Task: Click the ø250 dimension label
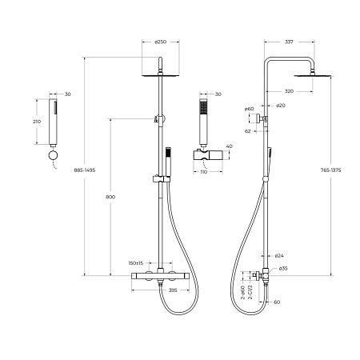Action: [161, 42]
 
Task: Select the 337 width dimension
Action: [289, 42]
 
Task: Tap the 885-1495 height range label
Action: [85, 170]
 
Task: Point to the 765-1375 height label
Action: [330, 170]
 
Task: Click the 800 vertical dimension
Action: [110, 197]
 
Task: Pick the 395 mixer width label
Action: [173, 290]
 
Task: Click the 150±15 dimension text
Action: [136, 263]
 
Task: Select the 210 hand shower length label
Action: [37, 122]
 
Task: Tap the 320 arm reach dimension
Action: [289, 91]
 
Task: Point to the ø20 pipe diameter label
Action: [280, 106]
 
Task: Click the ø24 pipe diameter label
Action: [279, 256]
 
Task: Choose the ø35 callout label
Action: [283, 269]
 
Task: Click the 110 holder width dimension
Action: [203, 172]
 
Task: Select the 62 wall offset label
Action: [248, 131]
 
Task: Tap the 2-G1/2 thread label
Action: [250, 292]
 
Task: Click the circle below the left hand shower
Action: [53, 155]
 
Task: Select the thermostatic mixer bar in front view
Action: [160, 276]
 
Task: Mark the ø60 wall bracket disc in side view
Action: [258, 118]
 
